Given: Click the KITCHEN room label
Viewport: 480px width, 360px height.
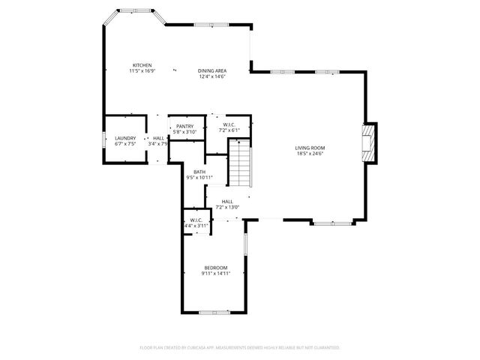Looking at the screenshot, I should point(142,65).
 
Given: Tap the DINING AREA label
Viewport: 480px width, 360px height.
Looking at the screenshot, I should point(212,70).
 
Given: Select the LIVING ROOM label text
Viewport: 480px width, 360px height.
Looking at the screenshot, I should point(309,148).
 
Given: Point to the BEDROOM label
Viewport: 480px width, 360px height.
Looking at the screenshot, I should point(216,268).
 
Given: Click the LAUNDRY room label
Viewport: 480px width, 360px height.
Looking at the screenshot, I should point(125,138).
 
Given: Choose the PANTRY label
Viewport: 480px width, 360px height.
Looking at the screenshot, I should point(185,126).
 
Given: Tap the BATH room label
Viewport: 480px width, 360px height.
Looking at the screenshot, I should point(199,172).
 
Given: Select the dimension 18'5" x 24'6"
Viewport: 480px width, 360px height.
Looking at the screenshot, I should point(309,154).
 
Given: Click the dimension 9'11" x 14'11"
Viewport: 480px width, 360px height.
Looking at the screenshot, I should point(216,274).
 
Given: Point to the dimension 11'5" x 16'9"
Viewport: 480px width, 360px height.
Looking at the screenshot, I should point(142,71).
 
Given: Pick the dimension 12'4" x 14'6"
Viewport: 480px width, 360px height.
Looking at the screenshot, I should point(212,76).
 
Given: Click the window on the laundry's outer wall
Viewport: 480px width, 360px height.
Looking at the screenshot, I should point(104,140).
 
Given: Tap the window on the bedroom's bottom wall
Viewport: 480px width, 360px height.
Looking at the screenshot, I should point(215,312).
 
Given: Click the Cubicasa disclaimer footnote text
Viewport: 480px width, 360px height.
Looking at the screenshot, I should point(240,348).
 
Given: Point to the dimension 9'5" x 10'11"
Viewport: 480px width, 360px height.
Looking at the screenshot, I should point(199,178).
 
